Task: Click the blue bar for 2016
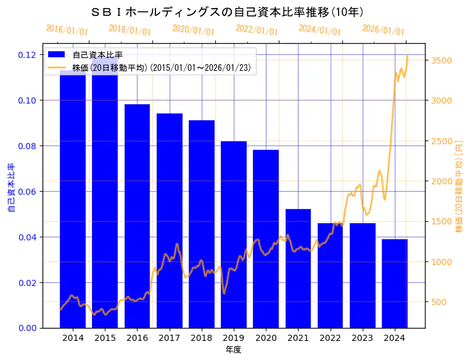[x=137, y=216]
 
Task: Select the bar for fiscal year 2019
[x=234, y=234]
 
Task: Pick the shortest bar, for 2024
[x=395, y=283]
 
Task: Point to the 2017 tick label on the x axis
[x=169, y=338]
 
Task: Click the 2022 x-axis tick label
[x=330, y=338]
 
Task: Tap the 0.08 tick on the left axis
[x=27, y=146]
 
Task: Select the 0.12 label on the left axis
[x=27, y=55]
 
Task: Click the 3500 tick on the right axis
[x=442, y=60]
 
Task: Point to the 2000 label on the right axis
[x=442, y=181]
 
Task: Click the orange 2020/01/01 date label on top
[x=194, y=30]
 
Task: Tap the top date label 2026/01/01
[x=384, y=30]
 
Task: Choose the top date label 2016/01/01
[x=67, y=30]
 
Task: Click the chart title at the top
[x=227, y=12]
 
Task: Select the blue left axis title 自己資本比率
[x=10, y=188]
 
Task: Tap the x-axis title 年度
[x=233, y=350]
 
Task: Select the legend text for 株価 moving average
[x=162, y=68]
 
